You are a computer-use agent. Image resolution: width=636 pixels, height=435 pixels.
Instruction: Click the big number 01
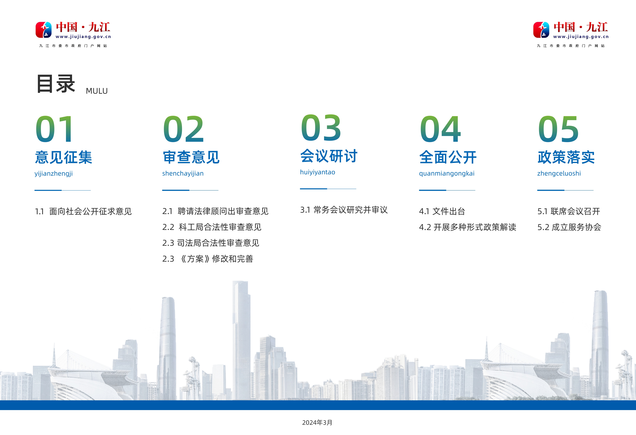pos(55,129)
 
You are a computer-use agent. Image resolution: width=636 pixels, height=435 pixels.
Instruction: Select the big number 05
pos(558,129)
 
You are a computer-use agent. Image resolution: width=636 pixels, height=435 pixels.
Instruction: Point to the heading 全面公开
pos(448,157)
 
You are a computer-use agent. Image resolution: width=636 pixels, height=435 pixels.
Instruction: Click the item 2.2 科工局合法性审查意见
pos(212,227)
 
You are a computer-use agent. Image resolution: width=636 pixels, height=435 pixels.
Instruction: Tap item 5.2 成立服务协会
pos(569,227)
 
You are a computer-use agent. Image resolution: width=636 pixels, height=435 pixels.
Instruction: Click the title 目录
pos(56,84)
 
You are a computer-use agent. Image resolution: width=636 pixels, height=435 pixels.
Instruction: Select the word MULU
pos(97,91)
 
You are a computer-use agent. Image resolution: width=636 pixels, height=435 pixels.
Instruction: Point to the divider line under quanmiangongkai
pos(447,190)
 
